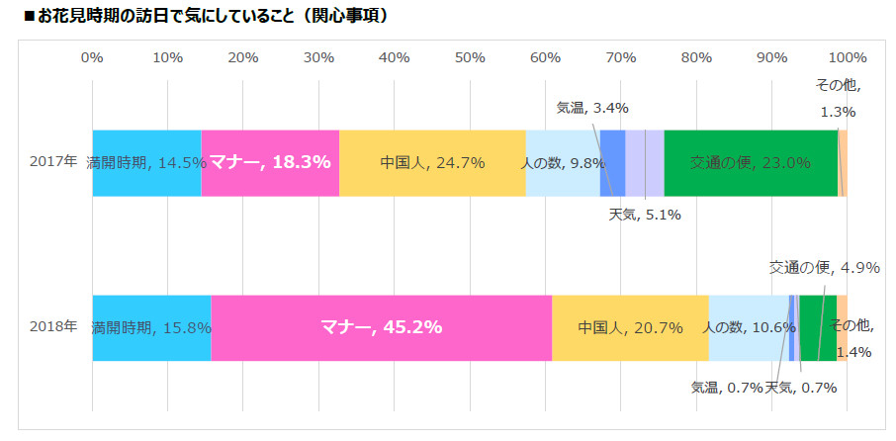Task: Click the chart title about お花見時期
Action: tap(198, 17)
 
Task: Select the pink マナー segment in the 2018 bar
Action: tap(381, 327)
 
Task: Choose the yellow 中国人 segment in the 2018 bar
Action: tap(630, 327)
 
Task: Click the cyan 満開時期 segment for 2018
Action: tap(151, 327)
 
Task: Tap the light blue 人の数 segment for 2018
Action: tap(749, 327)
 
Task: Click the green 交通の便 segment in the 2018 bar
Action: tap(818, 327)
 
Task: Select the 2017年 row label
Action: tap(52, 162)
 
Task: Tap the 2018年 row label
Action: tap(52, 326)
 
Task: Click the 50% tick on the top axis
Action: tap(470, 57)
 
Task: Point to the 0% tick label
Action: tap(92, 57)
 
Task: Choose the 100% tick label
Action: tap(847, 57)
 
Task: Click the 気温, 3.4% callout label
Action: tap(592, 108)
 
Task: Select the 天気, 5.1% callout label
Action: tap(644, 215)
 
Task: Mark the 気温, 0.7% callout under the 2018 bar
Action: tap(727, 388)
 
